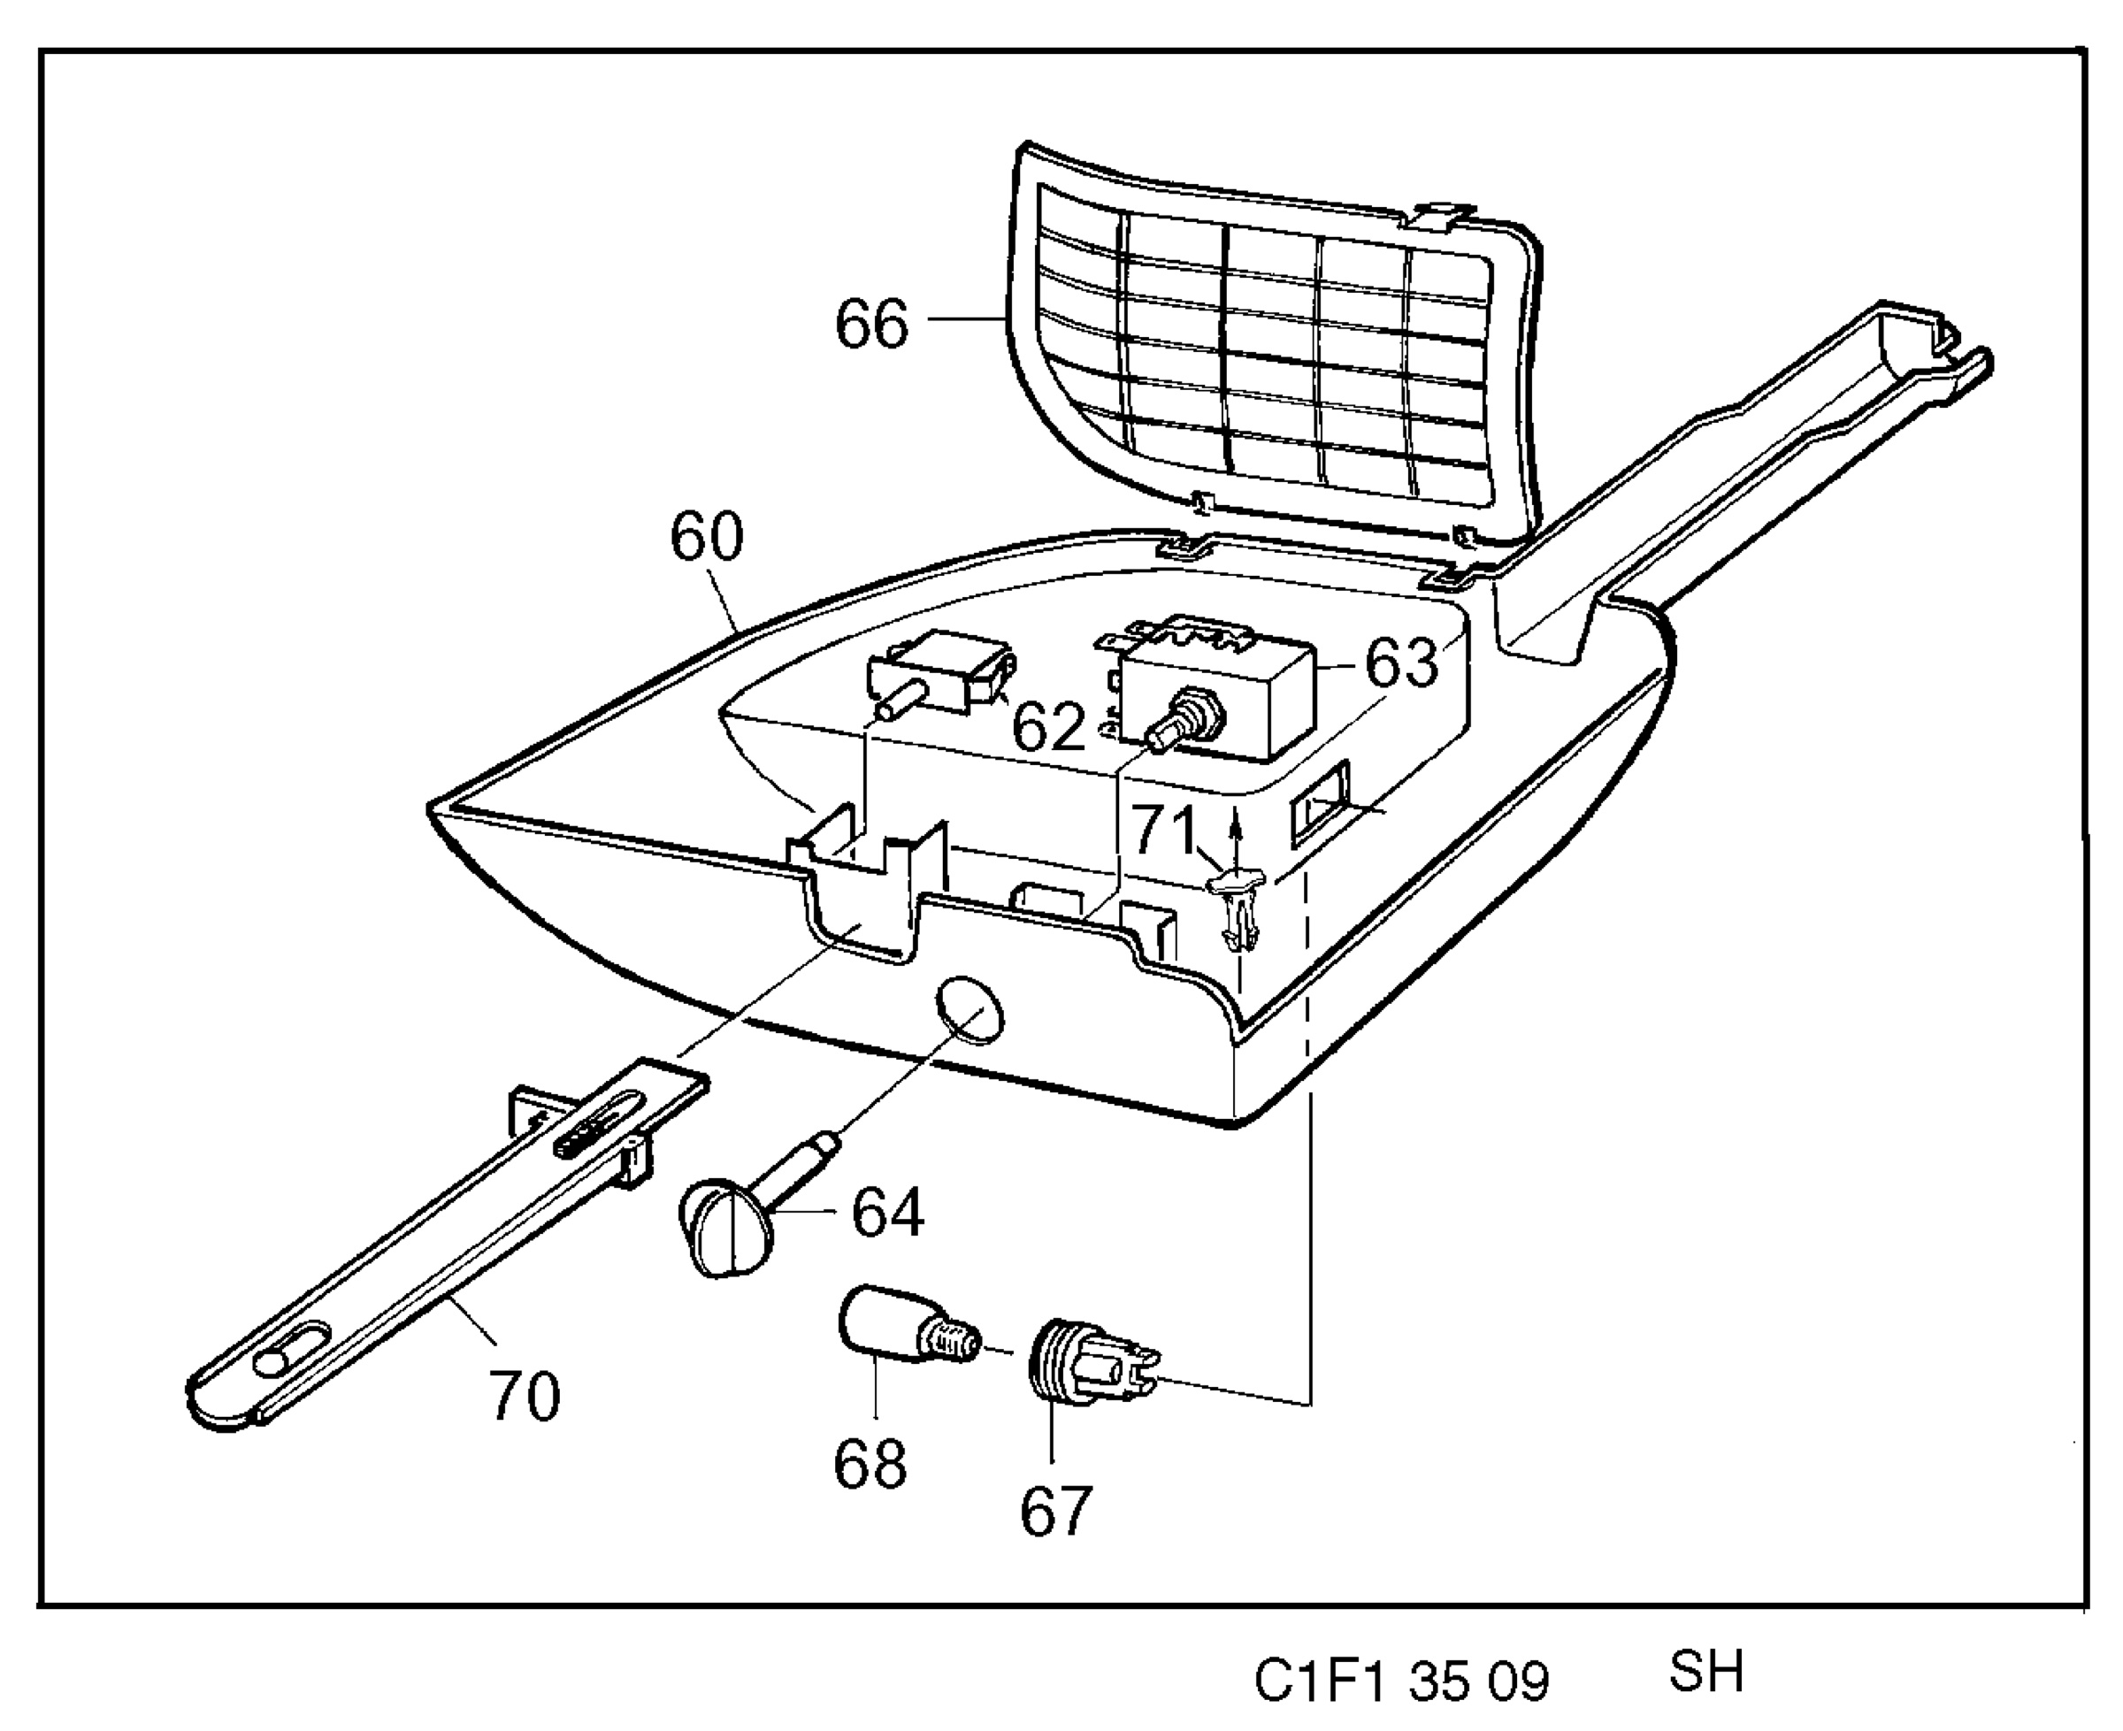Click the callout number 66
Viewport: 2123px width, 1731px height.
[x=871, y=322]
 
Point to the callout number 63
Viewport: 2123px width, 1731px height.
[x=1402, y=663]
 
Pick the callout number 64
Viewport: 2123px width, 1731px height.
[x=887, y=1212]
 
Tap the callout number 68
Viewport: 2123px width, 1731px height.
[x=870, y=1463]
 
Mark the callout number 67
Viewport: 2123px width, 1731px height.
[x=1056, y=1511]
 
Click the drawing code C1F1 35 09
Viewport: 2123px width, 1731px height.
[x=1401, y=1682]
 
